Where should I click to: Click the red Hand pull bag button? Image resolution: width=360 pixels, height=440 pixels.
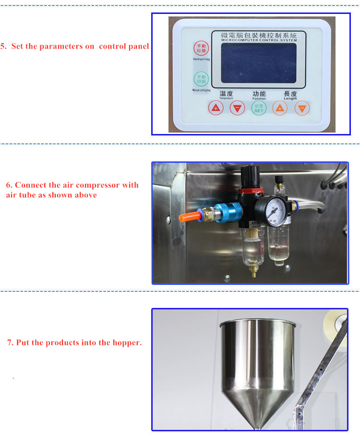pos(199,49)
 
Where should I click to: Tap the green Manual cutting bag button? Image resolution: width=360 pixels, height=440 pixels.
pos(199,79)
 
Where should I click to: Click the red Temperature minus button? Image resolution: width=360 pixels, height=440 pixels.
pos(237,108)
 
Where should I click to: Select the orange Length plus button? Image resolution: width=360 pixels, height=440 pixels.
pos(280,108)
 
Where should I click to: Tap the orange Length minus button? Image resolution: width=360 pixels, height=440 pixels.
pos(301,108)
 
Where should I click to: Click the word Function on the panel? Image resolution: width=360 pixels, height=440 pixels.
pos(259,98)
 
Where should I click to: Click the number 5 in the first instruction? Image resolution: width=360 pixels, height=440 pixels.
pos(3,47)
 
